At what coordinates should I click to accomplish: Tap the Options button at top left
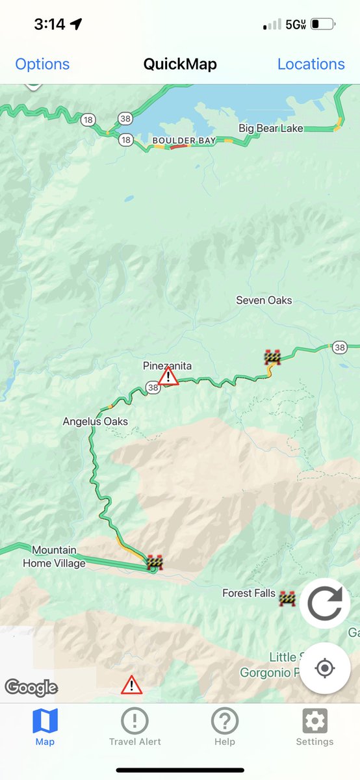point(42,64)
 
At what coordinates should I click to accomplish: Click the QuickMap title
point(180,64)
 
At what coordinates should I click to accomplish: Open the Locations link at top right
point(311,64)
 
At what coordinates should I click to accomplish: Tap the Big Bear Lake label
point(271,128)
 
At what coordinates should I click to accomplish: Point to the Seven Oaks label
point(264,300)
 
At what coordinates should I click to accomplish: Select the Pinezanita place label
point(167,366)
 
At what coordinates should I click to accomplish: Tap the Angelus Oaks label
point(96,421)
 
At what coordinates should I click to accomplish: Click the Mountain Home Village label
point(54,557)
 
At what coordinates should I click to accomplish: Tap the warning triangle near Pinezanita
point(168,376)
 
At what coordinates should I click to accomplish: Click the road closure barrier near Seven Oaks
point(272,357)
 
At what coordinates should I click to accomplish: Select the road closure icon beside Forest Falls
point(287,598)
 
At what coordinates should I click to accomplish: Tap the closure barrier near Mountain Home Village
point(155,562)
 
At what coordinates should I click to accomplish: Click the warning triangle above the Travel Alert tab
point(132,684)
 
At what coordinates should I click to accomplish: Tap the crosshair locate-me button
point(325,668)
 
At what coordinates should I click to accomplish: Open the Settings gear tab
point(315,727)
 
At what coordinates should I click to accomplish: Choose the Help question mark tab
point(225,727)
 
